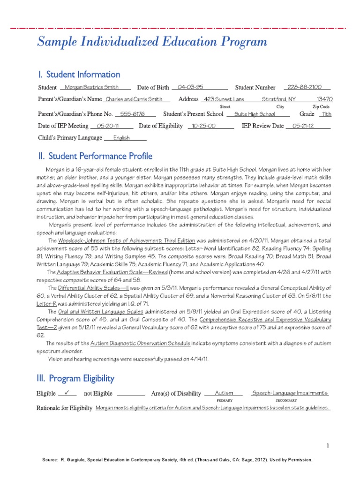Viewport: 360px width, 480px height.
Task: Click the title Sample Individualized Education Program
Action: [x=152, y=43]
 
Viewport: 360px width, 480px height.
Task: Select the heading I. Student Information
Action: [x=79, y=75]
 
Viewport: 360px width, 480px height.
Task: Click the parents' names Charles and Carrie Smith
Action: [x=134, y=99]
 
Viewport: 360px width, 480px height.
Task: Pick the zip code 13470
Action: [x=324, y=99]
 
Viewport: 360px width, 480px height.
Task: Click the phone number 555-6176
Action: [x=132, y=114]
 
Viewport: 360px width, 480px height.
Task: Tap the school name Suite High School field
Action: [x=255, y=114]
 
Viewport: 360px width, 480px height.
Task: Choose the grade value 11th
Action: [x=326, y=114]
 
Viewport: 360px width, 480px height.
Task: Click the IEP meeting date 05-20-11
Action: [x=107, y=126]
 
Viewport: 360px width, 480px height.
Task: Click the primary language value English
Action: [x=121, y=138]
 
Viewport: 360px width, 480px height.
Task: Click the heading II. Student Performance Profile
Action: [x=95, y=156]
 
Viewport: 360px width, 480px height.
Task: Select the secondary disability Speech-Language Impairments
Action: [x=290, y=393]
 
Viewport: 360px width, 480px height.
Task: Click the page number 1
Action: [x=328, y=445]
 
